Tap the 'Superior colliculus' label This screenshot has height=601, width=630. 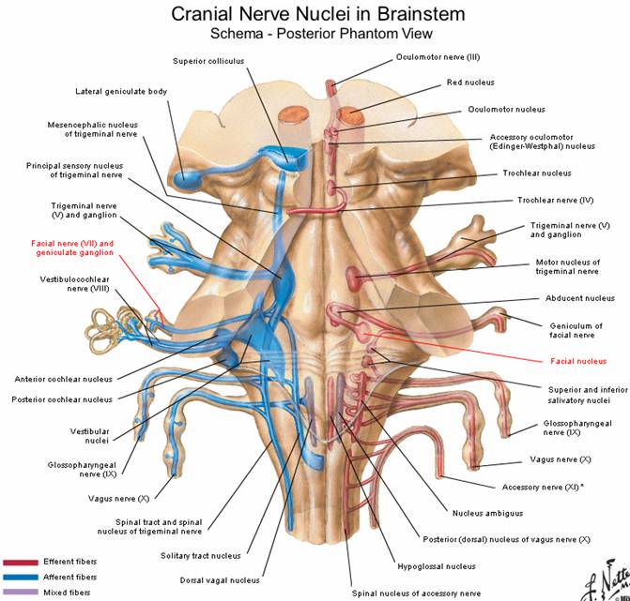[x=207, y=61]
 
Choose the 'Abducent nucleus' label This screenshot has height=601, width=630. [x=579, y=298]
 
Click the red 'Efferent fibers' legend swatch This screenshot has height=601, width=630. [x=18, y=562]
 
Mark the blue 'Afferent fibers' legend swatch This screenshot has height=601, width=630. [x=18, y=577]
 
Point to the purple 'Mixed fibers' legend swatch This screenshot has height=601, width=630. [x=18, y=593]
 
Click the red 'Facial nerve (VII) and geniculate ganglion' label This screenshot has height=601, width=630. [x=73, y=248]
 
